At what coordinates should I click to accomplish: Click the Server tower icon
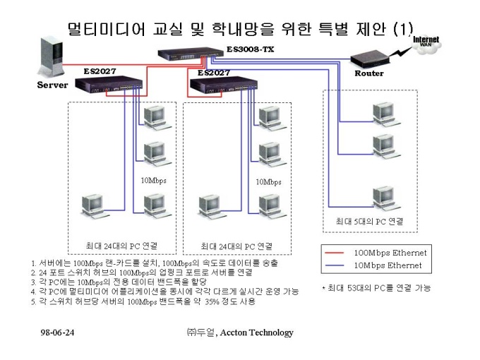(x=51, y=56)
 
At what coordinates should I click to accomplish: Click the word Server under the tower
(x=52, y=85)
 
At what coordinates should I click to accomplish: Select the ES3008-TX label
(x=250, y=49)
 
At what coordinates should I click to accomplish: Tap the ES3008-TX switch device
(x=191, y=54)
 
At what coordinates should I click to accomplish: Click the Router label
(x=369, y=73)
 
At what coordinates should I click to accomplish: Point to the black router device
(x=370, y=60)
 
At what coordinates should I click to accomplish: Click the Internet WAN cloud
(x=426, y=44)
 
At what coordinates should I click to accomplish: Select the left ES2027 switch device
(x=109, y=83)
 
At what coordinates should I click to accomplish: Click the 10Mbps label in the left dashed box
(x=153, y=180)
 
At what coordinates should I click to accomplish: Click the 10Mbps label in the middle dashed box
(x=268, y=182)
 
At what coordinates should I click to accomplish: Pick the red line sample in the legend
(x=335, y=253)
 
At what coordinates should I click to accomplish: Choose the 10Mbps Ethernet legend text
(x=388, y=265)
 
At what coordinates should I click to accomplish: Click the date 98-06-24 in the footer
(x=57, y=332)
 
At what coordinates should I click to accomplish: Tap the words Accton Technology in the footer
(x=256, y=332)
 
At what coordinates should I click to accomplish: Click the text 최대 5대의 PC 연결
(x=369, y=222)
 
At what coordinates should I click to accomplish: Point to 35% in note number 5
(x=212, y=301)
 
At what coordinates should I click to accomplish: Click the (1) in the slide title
(x=403, y=29)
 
